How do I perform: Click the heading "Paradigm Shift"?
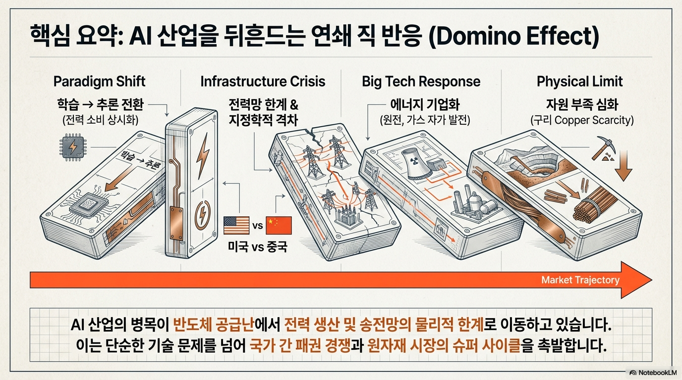click(99, 82)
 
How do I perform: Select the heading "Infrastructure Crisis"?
click(263, 82)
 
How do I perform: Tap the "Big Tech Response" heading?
click(421, 82)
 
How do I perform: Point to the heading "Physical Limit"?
click(580, 82)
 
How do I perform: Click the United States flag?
click(236, 225)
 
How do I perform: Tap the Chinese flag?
click(279, 225)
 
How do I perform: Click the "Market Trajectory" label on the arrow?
click(580, 280)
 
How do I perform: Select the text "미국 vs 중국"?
click(257, 246)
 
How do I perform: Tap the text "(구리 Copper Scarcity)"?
click(582, 120)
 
